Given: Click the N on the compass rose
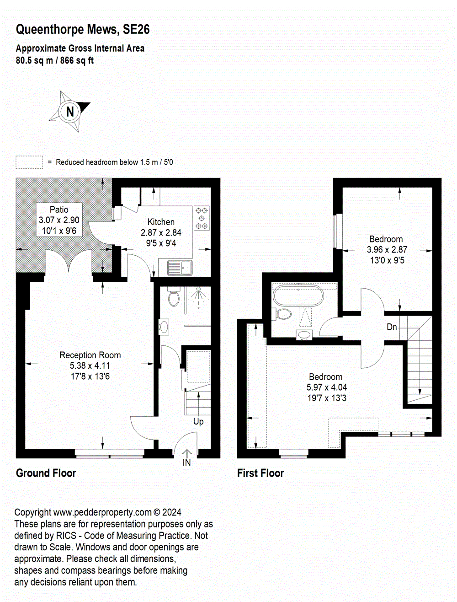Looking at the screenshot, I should click(x=70, y=112).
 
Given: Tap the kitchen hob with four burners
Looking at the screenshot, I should click(x=202, y=218).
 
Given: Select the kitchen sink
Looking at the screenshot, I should click(x=180, y=268).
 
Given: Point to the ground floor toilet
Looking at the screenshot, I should click(x=174, y=297).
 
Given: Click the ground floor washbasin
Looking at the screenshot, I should click(x=164, y=327).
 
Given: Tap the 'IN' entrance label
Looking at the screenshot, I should click(x=186, y=462).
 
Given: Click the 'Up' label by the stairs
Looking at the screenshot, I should click(x=198, y=421).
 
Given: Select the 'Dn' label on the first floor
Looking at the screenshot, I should click(x=392, y=327).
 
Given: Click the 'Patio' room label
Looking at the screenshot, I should click(x=59, y=210).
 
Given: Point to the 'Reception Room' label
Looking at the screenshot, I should click(x=90, y=355).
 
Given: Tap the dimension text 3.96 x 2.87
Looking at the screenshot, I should click(x=387, y=250).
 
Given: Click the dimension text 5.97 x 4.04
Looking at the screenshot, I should click(x=326, y=387).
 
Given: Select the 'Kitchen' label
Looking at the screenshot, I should click(x=161, y=222).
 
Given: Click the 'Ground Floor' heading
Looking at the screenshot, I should click(x=46, y=473).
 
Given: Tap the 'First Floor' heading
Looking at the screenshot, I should click(x=260, y=473).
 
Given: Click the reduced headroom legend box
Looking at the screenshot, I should click(x=29, y=162).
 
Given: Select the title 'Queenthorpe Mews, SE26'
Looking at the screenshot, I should click(x=83, y=30).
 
